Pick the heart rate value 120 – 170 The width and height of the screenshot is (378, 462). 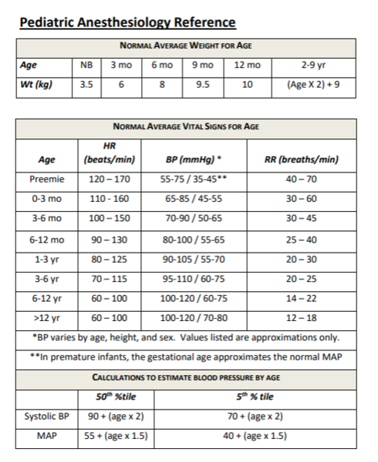tap(110, 179)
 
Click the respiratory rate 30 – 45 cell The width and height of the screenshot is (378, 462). tap(302, 218)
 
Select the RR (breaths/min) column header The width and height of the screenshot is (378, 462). tap(302, 160)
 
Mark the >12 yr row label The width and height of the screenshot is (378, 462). tap(47, 317)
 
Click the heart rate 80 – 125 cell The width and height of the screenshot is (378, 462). tap(110, 259)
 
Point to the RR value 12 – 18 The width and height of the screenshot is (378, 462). tap(302, 317)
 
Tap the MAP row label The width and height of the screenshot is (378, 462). tap(47, 436)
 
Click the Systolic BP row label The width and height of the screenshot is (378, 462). tap(47, 417)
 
